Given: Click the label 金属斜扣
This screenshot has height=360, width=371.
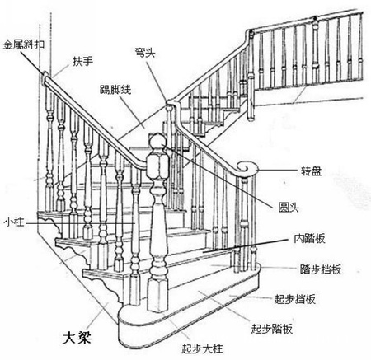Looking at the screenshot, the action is coord(24,44).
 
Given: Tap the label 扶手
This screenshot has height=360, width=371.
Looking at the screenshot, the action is coord(82,61).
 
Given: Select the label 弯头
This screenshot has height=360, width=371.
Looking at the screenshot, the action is coord(145,52).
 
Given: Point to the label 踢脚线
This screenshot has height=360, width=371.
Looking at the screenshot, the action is coord(115,90).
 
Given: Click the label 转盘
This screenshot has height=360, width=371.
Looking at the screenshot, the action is coord(311,171).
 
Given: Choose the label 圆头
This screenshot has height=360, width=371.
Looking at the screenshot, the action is coord(289,207).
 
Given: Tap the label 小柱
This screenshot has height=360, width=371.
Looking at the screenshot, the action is coord(14,222).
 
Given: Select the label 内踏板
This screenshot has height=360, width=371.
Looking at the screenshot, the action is coord(310,238).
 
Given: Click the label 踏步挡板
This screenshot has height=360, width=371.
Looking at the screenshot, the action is coord(321,269).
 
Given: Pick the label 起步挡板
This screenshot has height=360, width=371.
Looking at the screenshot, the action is coord(294,299).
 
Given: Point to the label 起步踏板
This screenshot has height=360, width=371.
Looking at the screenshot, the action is coord(272,329).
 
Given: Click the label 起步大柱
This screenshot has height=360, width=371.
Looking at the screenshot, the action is coord(202,348).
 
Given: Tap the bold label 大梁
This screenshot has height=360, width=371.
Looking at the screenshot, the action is coord(77,338).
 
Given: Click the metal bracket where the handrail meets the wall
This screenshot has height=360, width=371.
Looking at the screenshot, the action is coord(45,77).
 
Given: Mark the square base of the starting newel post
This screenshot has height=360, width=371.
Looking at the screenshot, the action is coord(157,295).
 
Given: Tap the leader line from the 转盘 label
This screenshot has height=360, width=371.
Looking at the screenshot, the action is coord(278,171).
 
